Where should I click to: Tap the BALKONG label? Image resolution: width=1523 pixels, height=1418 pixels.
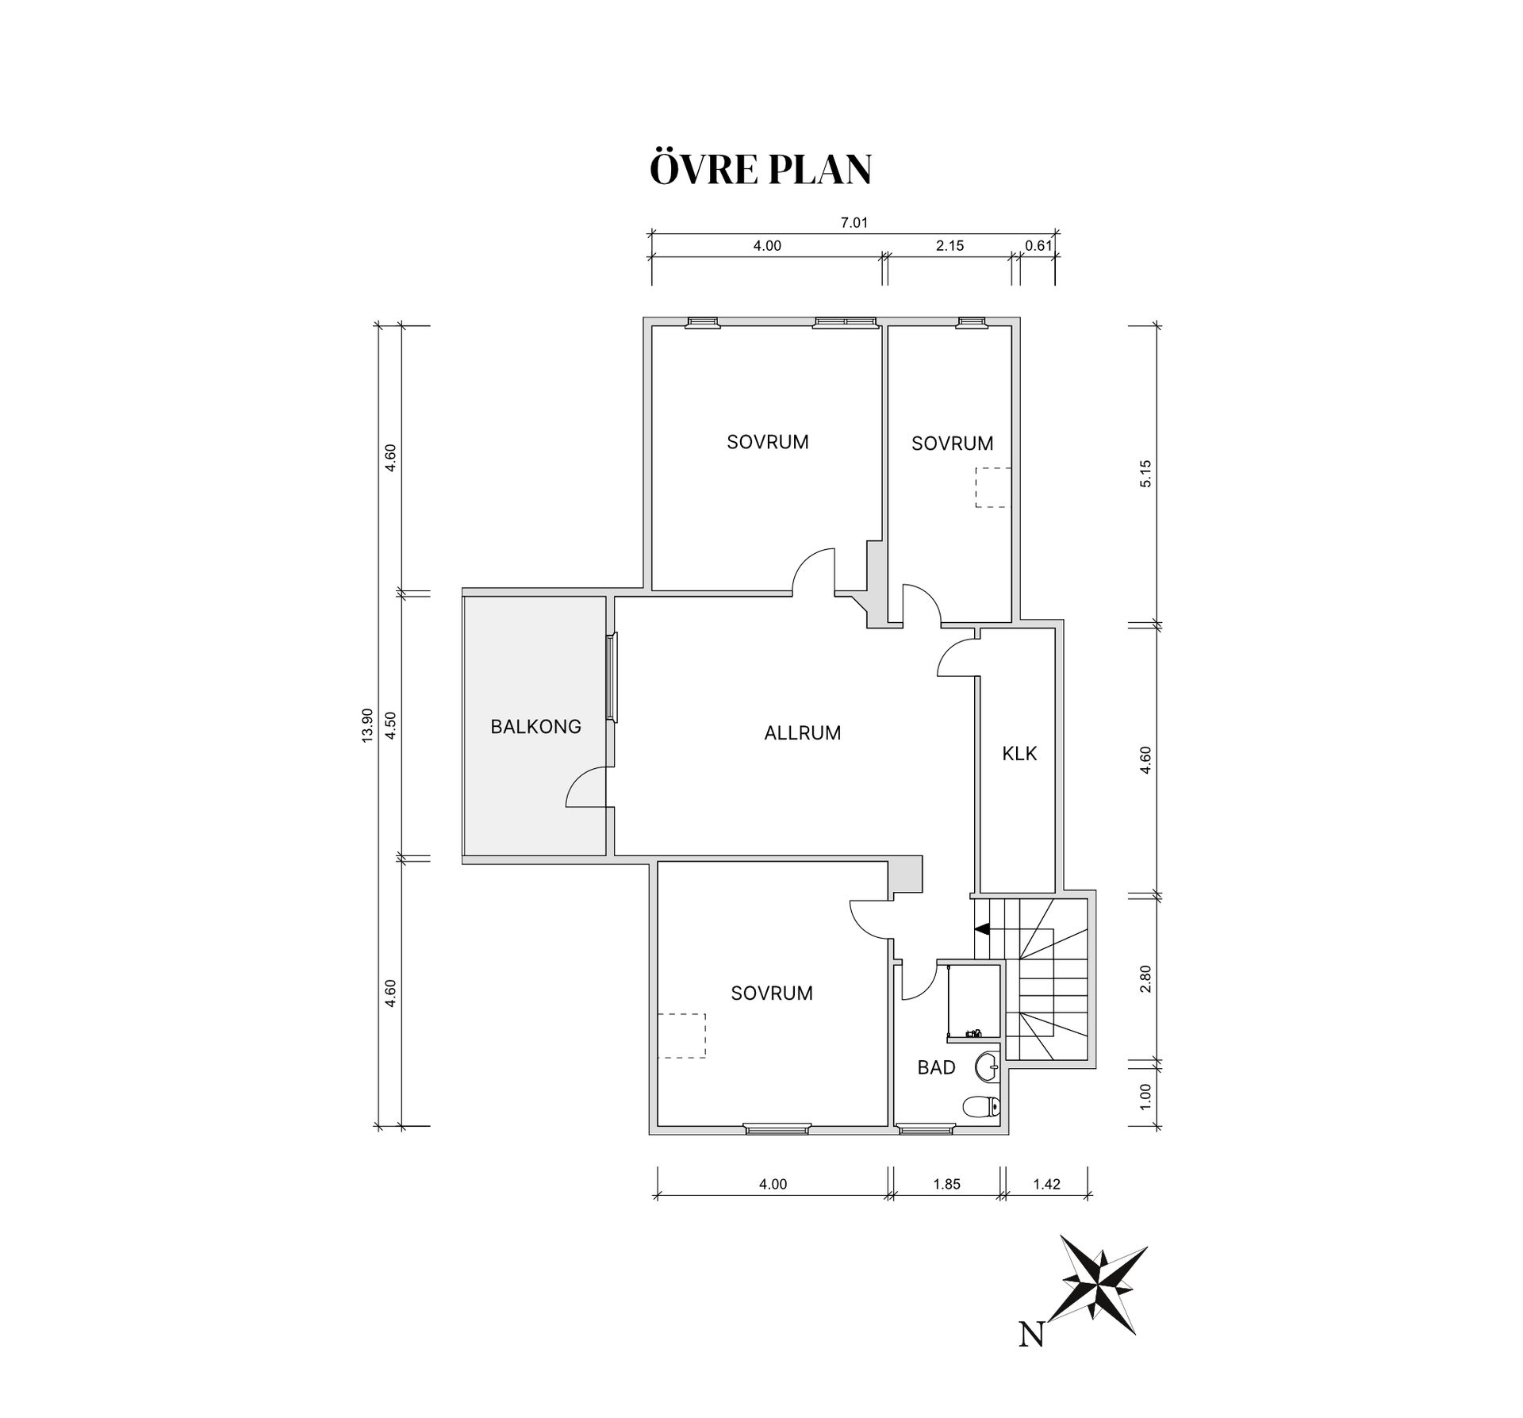[x=536, y=726]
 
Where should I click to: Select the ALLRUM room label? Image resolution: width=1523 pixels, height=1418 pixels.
[x=803, y=733]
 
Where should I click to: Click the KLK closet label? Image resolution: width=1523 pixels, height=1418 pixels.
[x=1019, y=754]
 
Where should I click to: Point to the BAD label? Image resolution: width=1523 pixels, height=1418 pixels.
[x=937, y=1067]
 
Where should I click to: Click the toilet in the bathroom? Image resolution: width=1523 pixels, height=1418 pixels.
[x=982, y=1106]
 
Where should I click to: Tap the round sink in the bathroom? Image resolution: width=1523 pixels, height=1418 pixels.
[x=988, y=1066]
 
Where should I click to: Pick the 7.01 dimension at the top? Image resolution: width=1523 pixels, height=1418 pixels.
[x=854, y=223]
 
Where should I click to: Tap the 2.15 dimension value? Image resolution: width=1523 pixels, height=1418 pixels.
[x=949, y=246]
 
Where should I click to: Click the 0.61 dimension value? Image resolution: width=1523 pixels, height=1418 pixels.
[x=1038, y=246]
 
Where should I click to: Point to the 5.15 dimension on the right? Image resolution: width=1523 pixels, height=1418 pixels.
[x=1145, y=474]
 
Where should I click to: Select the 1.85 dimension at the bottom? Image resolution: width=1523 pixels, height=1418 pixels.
[x=947, y=1185]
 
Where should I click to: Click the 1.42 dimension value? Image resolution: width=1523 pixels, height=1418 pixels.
[x=1047, y=1185]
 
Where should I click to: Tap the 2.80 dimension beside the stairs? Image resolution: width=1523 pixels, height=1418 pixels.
[x=1145, y=978]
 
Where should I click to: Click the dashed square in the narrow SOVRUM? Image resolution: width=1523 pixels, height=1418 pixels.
[x=993, y=487]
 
